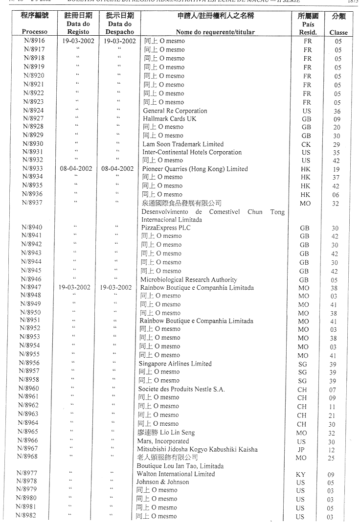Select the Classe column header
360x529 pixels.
click(338, 33)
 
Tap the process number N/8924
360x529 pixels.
click(33, 111)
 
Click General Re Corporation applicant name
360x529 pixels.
click(175, 111)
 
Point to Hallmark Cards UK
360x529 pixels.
click(170, 119)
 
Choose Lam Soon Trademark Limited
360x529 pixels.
click(183, 144)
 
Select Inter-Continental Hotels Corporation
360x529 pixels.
click(192, 153)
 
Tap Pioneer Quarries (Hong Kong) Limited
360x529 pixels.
click(195, 169)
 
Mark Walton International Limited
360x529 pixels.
click(176, 474)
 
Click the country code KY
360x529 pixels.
click(301, 474)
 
